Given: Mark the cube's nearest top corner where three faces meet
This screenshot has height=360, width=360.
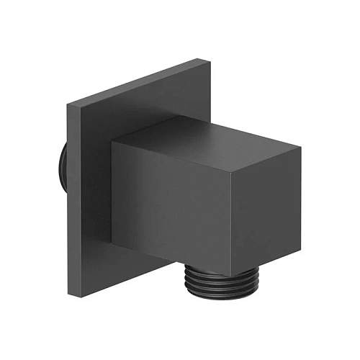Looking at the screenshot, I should pos(233,165).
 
